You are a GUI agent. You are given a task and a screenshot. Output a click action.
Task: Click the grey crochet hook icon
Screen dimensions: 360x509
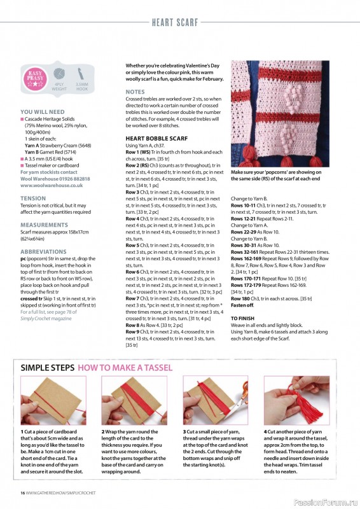(x=81, y=74)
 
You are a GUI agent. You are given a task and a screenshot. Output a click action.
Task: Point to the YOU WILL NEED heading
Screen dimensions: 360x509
(x=42, y=111)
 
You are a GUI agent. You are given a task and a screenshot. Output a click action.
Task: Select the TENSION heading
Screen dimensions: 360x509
(x=32, y=199)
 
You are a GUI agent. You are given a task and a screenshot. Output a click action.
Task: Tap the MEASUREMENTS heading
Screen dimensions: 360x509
(x=45, y=225)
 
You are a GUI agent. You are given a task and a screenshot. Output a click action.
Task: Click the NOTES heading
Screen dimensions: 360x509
(x=135, y=92)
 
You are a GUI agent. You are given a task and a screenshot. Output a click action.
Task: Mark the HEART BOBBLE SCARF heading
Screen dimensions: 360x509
(x=156, y=138)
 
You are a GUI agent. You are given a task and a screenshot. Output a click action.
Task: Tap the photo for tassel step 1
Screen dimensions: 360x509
(x=53, y=401)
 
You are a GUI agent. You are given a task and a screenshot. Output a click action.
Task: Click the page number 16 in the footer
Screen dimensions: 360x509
(x=23, y=493)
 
